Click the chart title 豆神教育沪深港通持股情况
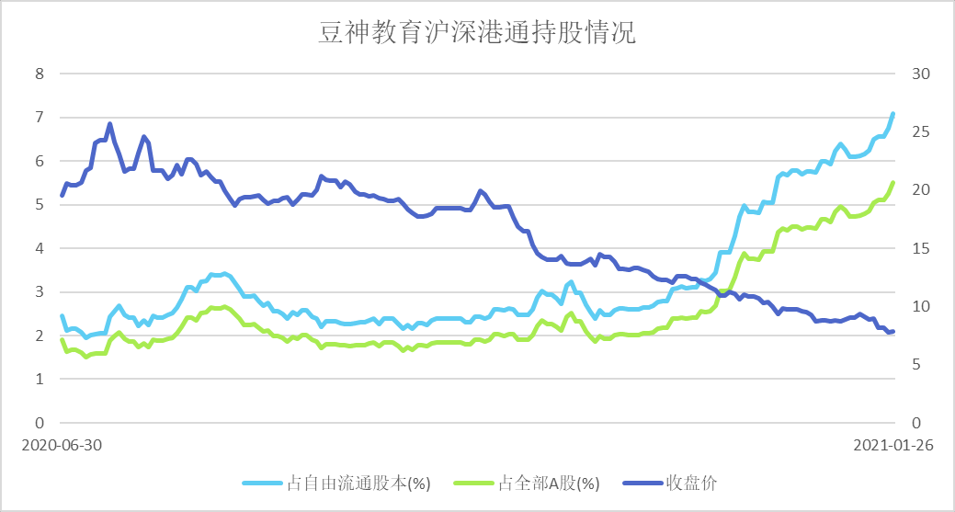(477, 34)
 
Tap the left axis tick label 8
(40, 74)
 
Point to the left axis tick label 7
(40, 118)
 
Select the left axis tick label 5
(40, 205)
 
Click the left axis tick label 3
(40, 292)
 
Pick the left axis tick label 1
(40, 380)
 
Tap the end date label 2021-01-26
(892, 445)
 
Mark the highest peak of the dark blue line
(109, 124)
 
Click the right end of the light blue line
(892, 114)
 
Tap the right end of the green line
(892, 183)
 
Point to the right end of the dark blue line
(892, 332)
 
